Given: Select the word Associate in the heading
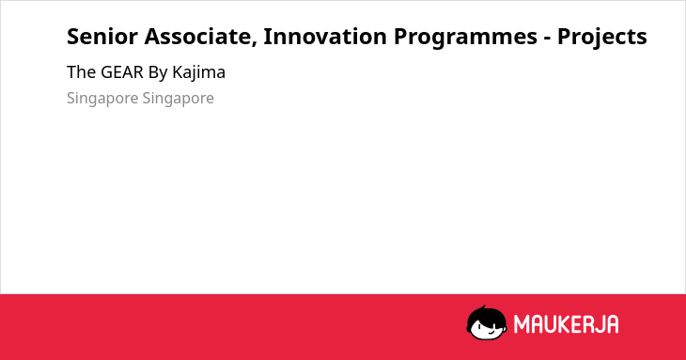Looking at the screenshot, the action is tap(198, 37).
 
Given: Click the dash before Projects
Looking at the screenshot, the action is tap(547, 39).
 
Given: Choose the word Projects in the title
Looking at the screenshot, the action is tap(602, 38).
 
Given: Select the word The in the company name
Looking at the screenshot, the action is tap(81, 72).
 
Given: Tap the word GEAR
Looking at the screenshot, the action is tap(122, 72).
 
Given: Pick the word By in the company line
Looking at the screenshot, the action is tap(158, 73).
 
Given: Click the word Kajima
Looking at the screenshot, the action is tap(198, 73).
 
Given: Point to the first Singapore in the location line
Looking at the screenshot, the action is tap(102, 99).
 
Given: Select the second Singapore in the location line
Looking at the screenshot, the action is tap(178, 99).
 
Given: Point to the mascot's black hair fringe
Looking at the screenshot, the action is tap(487, 317).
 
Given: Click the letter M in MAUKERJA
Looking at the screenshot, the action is tap(522, 324).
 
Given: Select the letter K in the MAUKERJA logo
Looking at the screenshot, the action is tap(565, 324).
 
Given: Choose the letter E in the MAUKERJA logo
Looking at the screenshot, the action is tap(577, 324).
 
